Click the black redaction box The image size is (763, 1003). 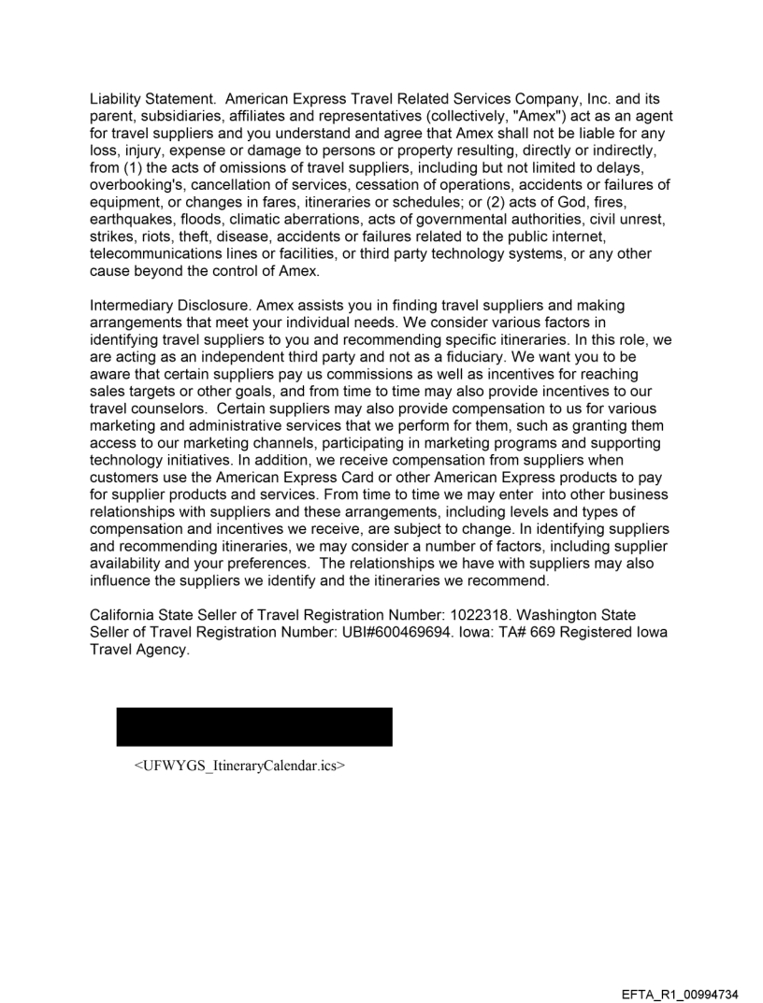(253, 726)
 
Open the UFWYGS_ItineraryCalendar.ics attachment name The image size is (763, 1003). (240, 767)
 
